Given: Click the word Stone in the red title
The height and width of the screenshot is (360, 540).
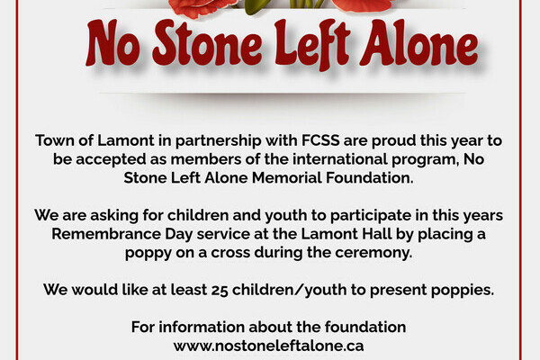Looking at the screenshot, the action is pos(208,43).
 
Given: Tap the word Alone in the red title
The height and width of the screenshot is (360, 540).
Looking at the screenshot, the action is pos(419,42).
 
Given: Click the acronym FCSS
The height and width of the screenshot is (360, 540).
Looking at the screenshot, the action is pos(320,140).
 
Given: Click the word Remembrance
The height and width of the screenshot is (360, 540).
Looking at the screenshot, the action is pos(106,234).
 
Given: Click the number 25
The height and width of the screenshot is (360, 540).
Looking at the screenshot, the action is pos(220,290).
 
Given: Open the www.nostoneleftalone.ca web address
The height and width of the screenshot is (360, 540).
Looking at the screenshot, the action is pos(268,346).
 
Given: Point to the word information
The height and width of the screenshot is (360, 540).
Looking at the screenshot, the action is pos(202,327).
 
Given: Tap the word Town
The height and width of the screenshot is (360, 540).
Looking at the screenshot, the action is pos(55,140).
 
